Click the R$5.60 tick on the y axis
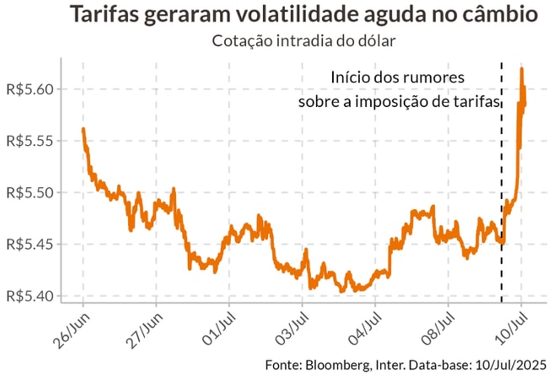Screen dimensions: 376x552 (x=29, y=89)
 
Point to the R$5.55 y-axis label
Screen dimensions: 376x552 (x=29, y=141)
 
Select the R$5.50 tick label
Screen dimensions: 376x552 (x=29, y=192)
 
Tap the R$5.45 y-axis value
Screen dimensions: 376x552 (x=29, y=244)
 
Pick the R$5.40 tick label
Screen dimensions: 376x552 (x=29, y=296)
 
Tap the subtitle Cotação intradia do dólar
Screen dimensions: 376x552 (x=303, y=39)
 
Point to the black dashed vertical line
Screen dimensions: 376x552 (x=501, y=185)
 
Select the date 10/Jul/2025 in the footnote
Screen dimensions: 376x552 (x=505, y=364)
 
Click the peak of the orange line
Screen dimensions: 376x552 (x=522, y=69)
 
